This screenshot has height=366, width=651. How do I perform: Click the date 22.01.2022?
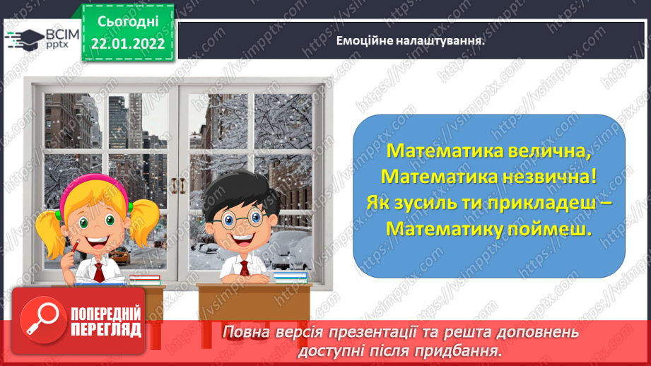(128, 44)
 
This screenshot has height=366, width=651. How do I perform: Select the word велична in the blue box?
(546, 152)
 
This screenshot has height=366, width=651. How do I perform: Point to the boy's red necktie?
(244, 269)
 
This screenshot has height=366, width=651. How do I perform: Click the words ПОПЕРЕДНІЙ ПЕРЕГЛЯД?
(107, 322)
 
